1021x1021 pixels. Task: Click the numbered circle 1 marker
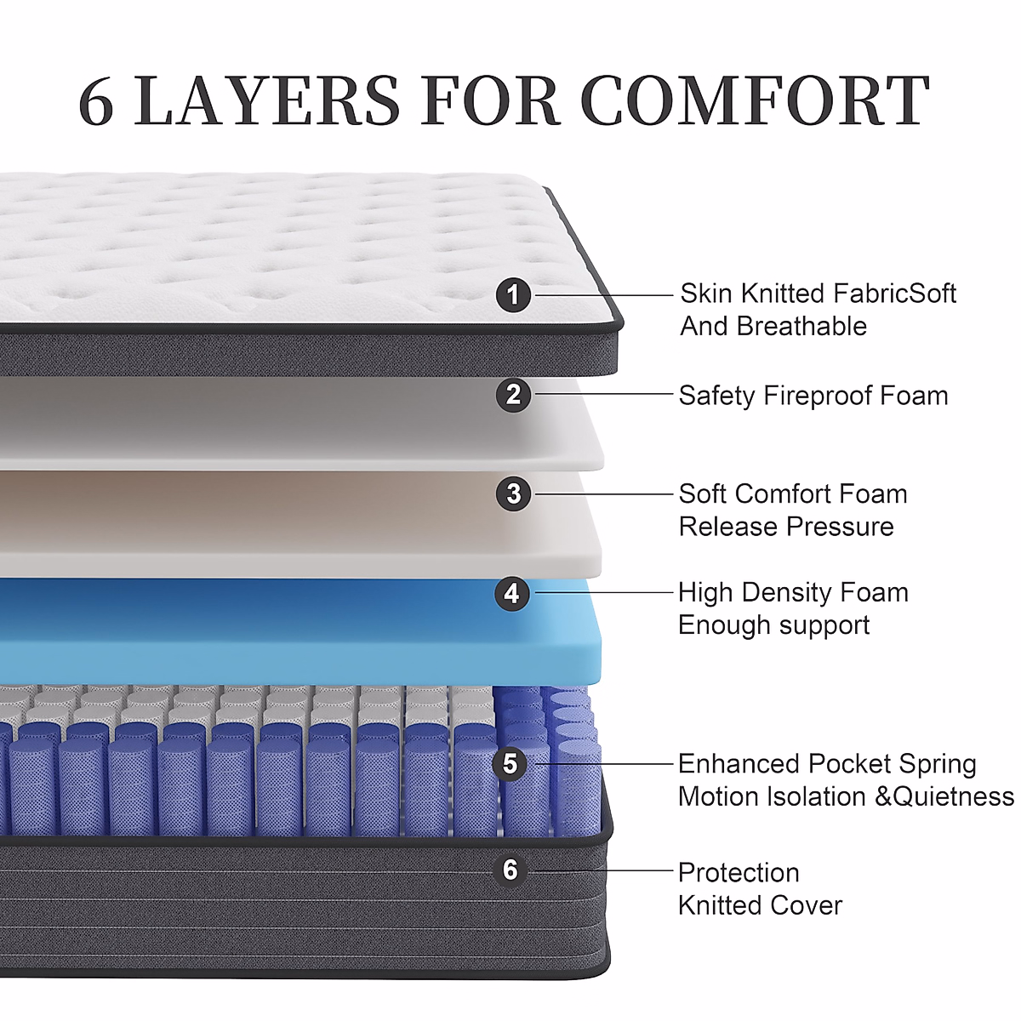pyautogui.click(x=513, y=295)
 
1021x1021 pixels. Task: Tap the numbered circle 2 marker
pyautogui.click(x=513, y=395)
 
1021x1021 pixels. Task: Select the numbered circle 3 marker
pyautogui.click(x=513, y=493)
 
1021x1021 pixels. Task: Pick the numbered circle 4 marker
pyautogui.click(x=511, y=593)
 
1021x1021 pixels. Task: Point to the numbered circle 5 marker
pyautogui.click(x=510, y=763)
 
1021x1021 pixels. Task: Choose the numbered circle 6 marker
pyautogui.click(x=510, y=870)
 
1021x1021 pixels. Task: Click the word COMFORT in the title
pyautogui.click(x=755, y=101)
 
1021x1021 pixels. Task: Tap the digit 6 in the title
pyautogui.click(x=96, y=101)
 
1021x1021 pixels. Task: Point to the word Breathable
pyautogui.click(x=801, y=326)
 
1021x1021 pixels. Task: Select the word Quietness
pyautogui.click(x=954, y=796)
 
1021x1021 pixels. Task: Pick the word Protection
pyautogui.click(x=739, y=872)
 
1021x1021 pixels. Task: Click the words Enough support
pyautogui.click(x=773, y=625)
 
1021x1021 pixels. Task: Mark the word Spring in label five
pyautogui.click(x=938, y=764)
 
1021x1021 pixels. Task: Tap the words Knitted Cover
pyautogui.click(x=760, y=905)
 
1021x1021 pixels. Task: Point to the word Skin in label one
pyautogui.click(x=705, y=294)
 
